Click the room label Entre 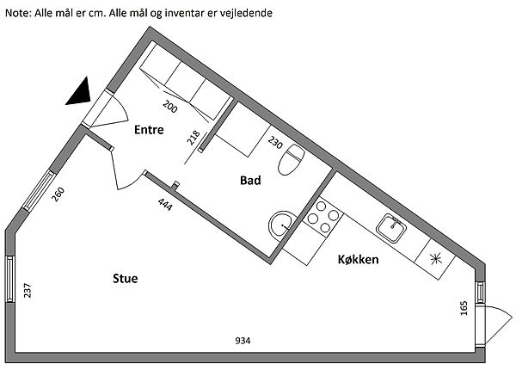[x=150, y=131]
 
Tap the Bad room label [x=250, y=181]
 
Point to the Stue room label [x=126, y=279]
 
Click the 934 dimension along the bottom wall [x=243, y=341]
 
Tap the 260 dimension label [x=58, y=194]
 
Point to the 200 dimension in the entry [x=169, y=108]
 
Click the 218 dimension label [x=193, y=138]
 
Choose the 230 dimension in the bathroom [x=274, y=142]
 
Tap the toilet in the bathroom [x=294, y=158]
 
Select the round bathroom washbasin [x=281, y=225]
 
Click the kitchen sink [x=392, y=227]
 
